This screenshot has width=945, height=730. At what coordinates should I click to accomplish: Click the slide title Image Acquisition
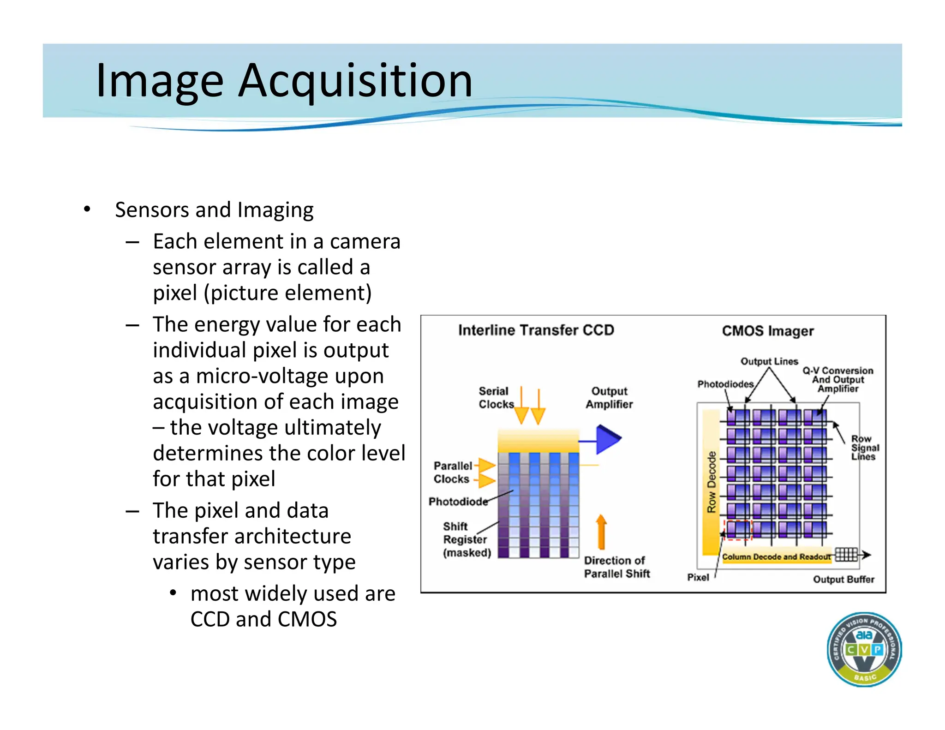[284, 81]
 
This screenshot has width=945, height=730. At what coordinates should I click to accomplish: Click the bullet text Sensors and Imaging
[214, 210]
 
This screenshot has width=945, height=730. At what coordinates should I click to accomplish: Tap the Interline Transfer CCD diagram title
[536, 330]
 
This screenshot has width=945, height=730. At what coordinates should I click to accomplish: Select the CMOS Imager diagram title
[767, 331]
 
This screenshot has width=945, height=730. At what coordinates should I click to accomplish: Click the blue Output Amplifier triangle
[607, 439]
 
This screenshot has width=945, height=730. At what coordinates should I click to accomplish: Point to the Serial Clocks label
[495, 397]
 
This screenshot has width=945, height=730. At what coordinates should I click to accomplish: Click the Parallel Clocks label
[453, 472]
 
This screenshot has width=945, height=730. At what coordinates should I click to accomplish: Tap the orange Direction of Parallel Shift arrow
[601, 532]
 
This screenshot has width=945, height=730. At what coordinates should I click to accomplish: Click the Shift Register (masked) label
[466, 539]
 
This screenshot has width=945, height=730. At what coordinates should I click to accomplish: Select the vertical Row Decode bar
[711, 482]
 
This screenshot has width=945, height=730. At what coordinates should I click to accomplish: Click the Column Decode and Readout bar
[776, 556]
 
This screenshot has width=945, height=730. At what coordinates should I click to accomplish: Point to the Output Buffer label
[843, 579]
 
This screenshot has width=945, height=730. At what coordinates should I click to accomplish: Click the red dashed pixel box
[738, 529]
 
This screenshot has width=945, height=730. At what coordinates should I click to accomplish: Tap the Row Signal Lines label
[865, 448]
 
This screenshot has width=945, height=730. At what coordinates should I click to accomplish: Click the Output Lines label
[769, 361]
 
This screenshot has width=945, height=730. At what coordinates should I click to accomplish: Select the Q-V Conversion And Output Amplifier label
[837, 379]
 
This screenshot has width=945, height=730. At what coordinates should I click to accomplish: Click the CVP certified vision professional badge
[864, 649]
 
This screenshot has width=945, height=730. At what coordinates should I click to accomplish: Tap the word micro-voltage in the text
[289, 376]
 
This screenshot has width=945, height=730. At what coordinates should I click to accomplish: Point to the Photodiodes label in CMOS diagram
[725, 384]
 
